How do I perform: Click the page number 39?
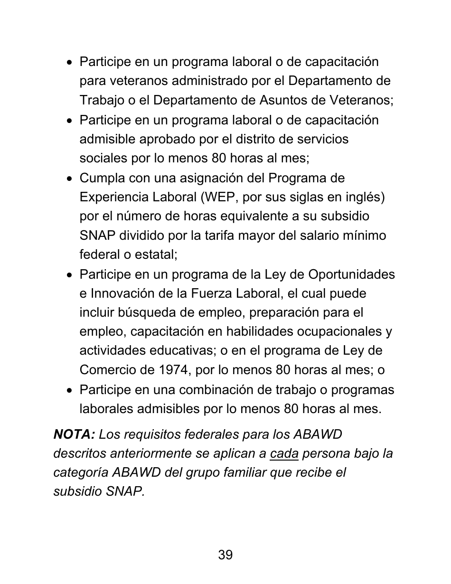point(225,555)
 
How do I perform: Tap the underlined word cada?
point(284,453)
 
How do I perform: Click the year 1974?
point(174,370)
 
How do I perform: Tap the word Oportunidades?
point(351,274)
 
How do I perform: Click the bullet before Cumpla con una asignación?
point(70,179)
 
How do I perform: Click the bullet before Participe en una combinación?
point(70,391)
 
